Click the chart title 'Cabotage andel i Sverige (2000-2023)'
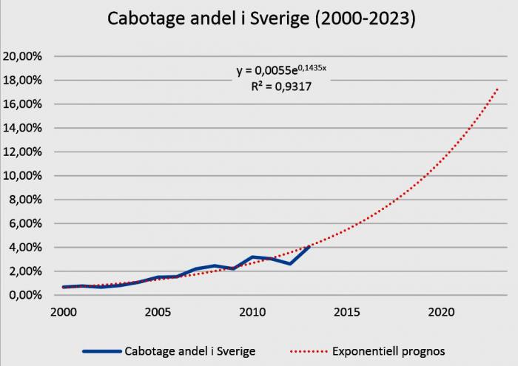[x=262, y=18]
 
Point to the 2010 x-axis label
[x=252, y=311]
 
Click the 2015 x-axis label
[x=346, y=311]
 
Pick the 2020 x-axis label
[x=441, y=311]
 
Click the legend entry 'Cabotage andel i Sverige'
[x=189, y=351]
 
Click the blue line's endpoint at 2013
[x=309, y=245]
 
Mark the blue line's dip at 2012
[x=291, y=264]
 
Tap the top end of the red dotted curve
[x=497, y=89]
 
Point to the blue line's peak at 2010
[x=253, y=257]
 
